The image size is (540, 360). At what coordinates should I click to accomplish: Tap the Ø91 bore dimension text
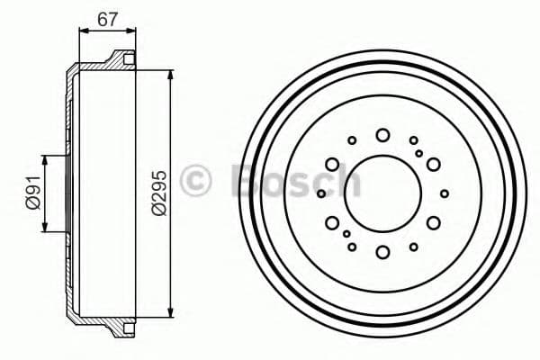pyautogui.click(x=33, y=193)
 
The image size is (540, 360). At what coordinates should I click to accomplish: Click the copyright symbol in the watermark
pyautogui.click(x=195, y=180)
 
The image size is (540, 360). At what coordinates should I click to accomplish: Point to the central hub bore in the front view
pyautogui.click(x=382, y=193)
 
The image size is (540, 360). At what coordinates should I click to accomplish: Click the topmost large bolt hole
pyautogui.click(x=382, y=135)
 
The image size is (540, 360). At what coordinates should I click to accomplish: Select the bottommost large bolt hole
pyautogui.click(x=382, y=251)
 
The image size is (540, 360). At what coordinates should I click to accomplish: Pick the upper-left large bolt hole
pyautogui.click(x=332, y=164)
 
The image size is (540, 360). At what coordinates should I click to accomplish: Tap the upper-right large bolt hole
pyautogui.click(x=433, y=164)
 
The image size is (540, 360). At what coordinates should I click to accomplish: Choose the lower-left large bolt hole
pyautogui.click(x=332, y=222)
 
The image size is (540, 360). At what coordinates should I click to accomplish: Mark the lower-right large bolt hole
pyautogui.click(x=433, y=222)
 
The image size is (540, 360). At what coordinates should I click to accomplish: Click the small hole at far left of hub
pyautogui.click(x=320, y=193)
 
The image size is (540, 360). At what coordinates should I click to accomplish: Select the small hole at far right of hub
pyautogui.click(x=445, y=193)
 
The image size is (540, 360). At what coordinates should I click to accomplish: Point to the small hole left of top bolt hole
pyautogui.click(x=352, y=139)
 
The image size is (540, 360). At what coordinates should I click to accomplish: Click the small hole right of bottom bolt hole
pyautogui.click(x=413, y=246)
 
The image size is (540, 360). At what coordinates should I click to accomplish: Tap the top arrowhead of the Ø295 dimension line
pyautogui.click(x=170, y=71)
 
